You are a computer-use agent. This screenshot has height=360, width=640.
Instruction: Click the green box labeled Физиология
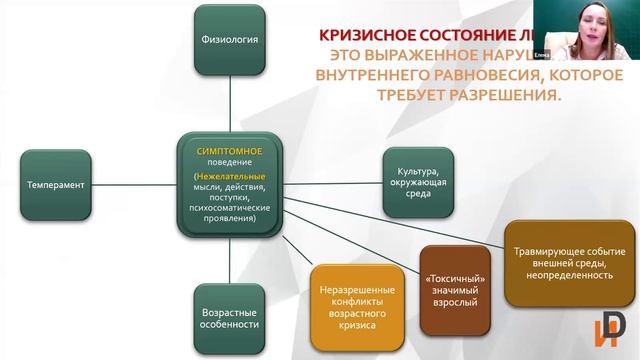pyautogui.click(x=229, y=41)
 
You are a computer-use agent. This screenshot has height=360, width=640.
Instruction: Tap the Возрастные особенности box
pyautogui.click(x=229, y=317)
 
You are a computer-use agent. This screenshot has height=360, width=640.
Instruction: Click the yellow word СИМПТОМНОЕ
pyautogui.click(x=229, y=150)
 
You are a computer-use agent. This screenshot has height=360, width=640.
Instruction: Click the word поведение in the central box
pyautogui.click(x=229, y=161)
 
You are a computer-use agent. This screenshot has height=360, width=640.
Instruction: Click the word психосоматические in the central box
pyautogui.click(x=229, y=209)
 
